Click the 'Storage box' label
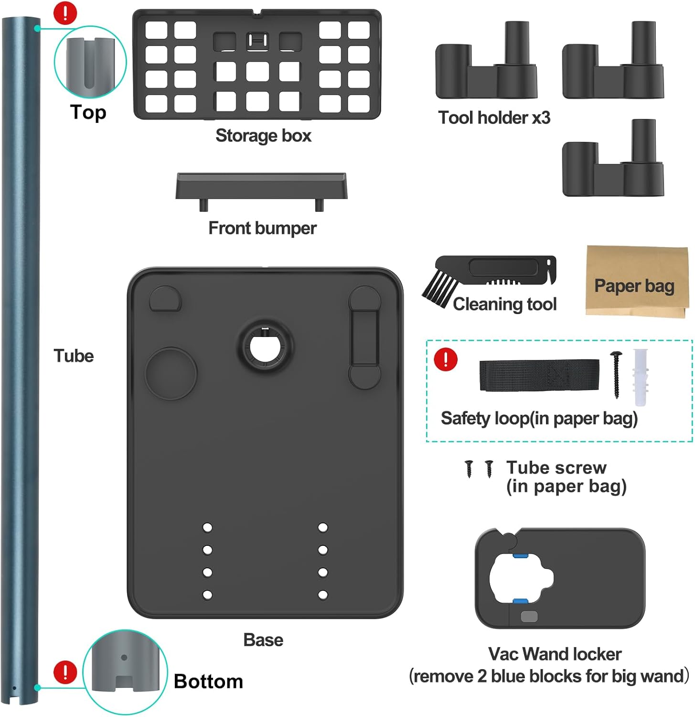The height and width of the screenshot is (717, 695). (x=263, y=136)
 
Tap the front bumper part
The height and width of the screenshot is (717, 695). (x=261, y=186)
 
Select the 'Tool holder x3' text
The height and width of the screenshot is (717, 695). (x=494, y=118)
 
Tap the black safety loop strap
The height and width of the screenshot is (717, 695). (x=539, y=375)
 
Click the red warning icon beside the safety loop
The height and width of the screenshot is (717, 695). (x=445, y=359)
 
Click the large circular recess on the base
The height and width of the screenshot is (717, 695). (x=171, y=374)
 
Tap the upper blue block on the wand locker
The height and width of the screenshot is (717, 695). (x=520, y=555)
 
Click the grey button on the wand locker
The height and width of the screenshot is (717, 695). (x=529, y=616)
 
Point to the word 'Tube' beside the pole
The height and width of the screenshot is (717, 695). (x=74, y=356)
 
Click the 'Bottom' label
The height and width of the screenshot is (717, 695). (x=208, y=681)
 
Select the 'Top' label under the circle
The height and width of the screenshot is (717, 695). (x=88, y=113)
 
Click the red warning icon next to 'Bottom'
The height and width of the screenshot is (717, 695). (x=65, y=672)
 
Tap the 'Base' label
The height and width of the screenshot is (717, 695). (x=263, y=640)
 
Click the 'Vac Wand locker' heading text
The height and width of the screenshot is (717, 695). (x=555, y=653)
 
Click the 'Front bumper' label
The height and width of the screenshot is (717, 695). (x=262, y=228)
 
